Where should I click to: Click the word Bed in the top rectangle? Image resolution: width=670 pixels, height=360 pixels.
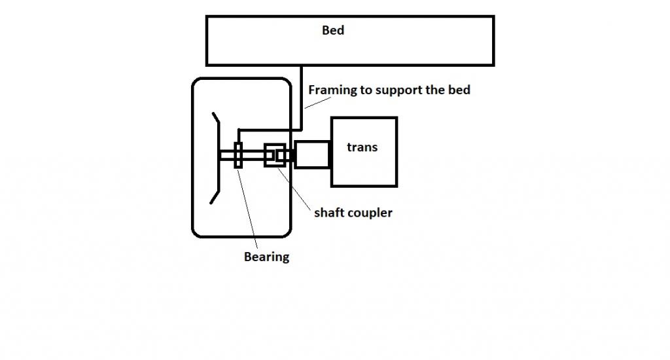(x=333, y=30)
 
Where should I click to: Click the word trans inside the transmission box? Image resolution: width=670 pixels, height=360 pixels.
(x=362, y=147)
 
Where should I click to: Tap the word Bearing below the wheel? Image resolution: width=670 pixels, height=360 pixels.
(x=266, y=257)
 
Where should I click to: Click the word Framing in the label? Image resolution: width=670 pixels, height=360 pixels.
(x=332, y=90)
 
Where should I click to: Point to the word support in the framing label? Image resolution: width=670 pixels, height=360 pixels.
(x=397, y=90)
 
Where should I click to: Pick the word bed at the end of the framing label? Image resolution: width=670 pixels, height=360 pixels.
(x=459, y=90)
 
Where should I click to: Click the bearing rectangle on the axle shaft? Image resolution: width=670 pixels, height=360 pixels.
(x=238, y=155)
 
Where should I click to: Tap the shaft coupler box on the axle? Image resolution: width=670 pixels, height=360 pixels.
(x=274, y=155)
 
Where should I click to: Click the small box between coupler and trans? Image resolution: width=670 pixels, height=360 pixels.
(x=311, y=154)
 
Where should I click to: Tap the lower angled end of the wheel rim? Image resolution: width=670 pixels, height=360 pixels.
(x=215, y=196)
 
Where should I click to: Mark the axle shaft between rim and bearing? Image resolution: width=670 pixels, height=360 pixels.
(x=227, y=155)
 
